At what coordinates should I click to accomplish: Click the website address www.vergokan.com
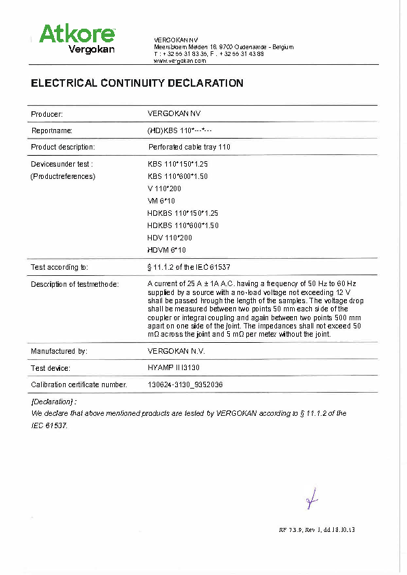(x=180, y=61)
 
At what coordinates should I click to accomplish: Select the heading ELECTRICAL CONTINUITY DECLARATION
(x=137, y=83)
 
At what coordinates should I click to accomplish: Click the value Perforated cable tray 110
(x=189, y=147)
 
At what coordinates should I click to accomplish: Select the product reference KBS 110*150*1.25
(x=178, y=165)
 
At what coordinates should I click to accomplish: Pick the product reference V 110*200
(x=165, y=188)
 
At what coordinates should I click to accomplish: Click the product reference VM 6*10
(x=162, y=201)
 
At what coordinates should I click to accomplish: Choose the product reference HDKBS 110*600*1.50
(x=183, y=225)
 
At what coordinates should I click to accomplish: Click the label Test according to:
(x=60, y=267)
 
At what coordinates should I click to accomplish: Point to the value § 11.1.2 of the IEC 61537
(x=194, y=267)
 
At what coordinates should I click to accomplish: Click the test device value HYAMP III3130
(x=176, y=368)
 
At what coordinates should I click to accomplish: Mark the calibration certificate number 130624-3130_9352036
(x=185, y=384)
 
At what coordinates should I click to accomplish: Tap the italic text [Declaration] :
(x=54, y=402)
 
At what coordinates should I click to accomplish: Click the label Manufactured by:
(x=59, y=351)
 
